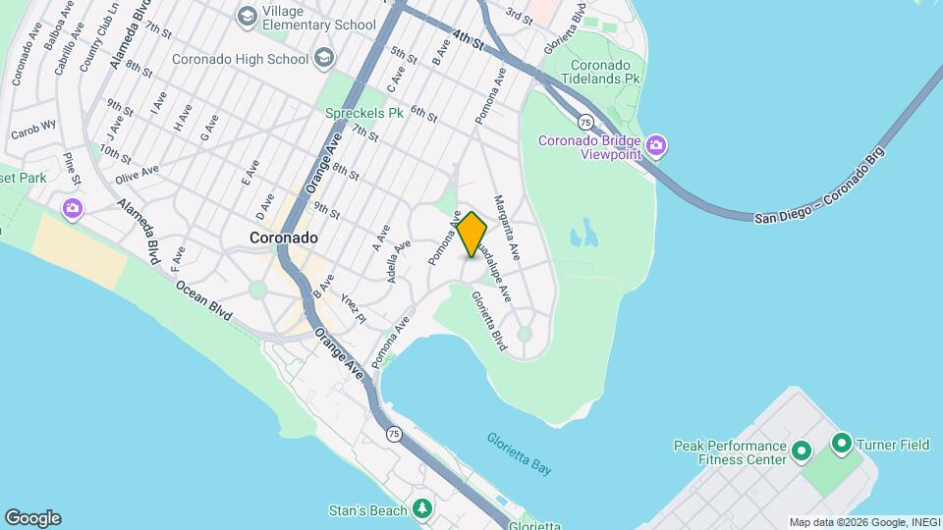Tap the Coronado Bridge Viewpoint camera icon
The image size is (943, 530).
(x=657, y=147)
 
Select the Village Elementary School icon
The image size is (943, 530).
(x=248, y=16)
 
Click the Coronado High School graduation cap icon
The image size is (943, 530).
(x=323, y=59)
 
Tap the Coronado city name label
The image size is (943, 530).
(x=283, y=238)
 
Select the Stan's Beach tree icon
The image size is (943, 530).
(x=422, y=509)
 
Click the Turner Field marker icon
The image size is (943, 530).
(x=841, y=444)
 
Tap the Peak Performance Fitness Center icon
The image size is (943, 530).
(x=801, y=452)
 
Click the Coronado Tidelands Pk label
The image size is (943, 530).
(x=600, y=71)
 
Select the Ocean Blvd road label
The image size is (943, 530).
(x=204, y=300)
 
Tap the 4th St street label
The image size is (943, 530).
(x=470, y=41)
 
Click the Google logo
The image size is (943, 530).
(x=32, y=518)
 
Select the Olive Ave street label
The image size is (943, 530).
(x=137, y=174)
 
